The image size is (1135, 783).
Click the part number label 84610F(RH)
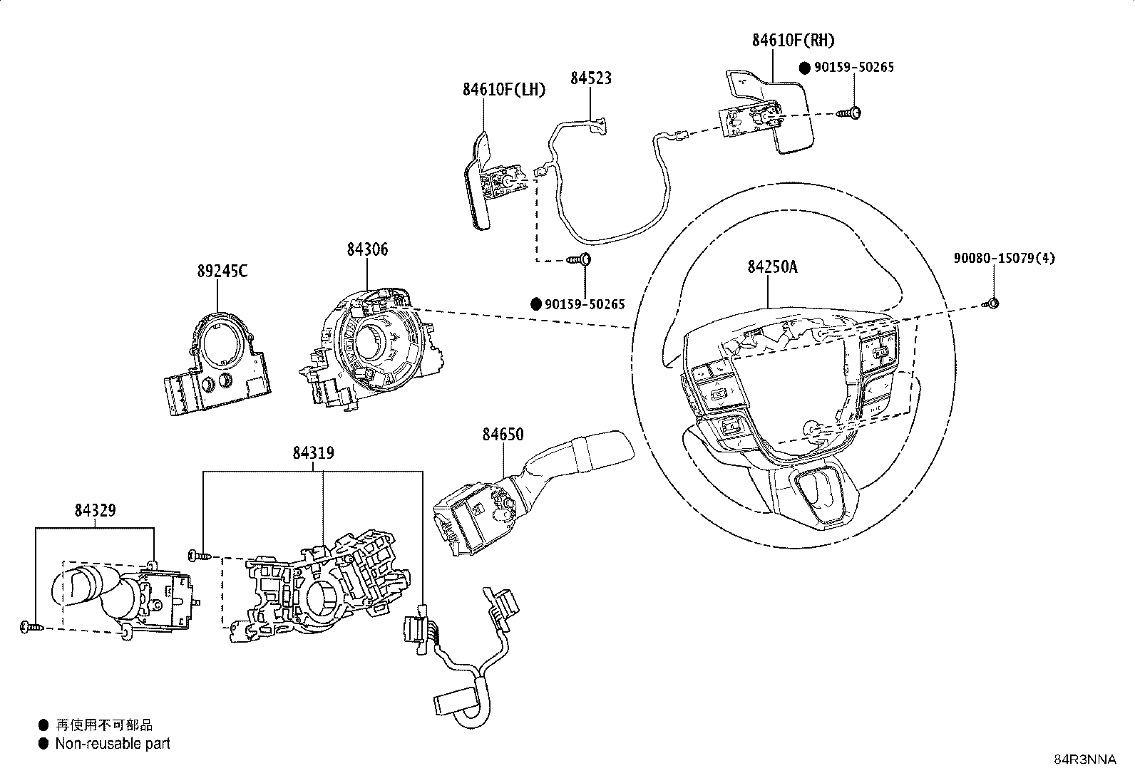click(793, 41)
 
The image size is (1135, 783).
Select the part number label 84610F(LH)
click(503, 90)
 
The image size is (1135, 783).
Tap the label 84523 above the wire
click(591, 78)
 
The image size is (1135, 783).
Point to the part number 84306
click(367, 249)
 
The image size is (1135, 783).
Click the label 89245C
click(222, 271)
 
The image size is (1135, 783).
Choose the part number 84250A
click(772, 267)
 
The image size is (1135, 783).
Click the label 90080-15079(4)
click(1005, 259)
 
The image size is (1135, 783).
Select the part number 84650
click(503, 434)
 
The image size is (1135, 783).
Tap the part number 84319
click(313, 452)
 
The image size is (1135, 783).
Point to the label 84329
click(96, 510)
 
